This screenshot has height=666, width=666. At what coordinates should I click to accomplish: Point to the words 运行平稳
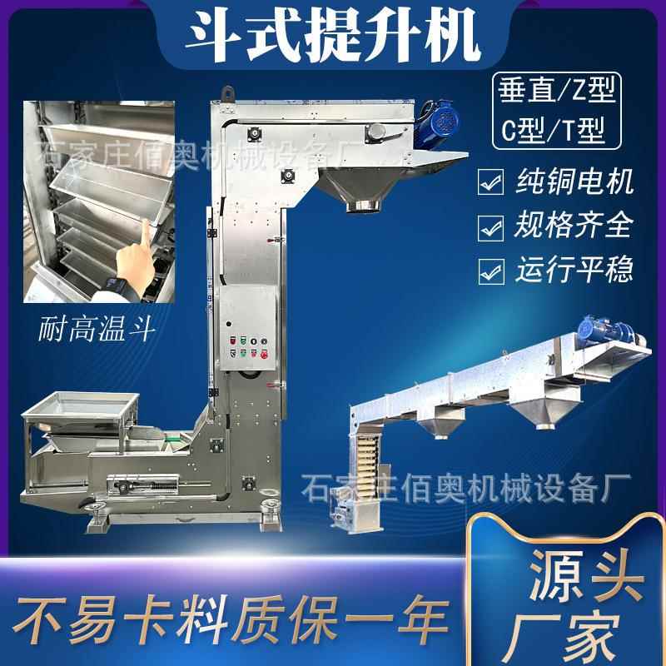click(574, 269)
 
